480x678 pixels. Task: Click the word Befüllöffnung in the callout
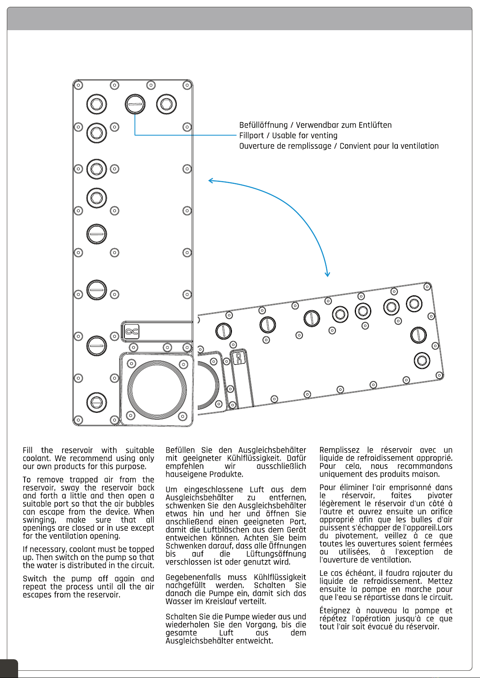[263, 125]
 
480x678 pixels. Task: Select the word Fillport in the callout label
[251, 136]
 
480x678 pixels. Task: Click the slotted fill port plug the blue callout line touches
[135, 105]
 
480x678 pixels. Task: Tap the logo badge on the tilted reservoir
[239, 358]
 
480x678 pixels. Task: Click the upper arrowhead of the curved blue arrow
[211, 181]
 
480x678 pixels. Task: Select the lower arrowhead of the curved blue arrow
[327, 274]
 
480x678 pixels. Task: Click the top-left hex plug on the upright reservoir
[97, 104]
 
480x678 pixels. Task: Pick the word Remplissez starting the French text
[339, 450]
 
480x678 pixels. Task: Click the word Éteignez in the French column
[335, 611]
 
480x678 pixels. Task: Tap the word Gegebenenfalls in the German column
[193, 577]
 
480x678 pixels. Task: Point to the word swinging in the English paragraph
[39, 520]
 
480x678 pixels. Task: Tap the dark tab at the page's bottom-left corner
[9, 668]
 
